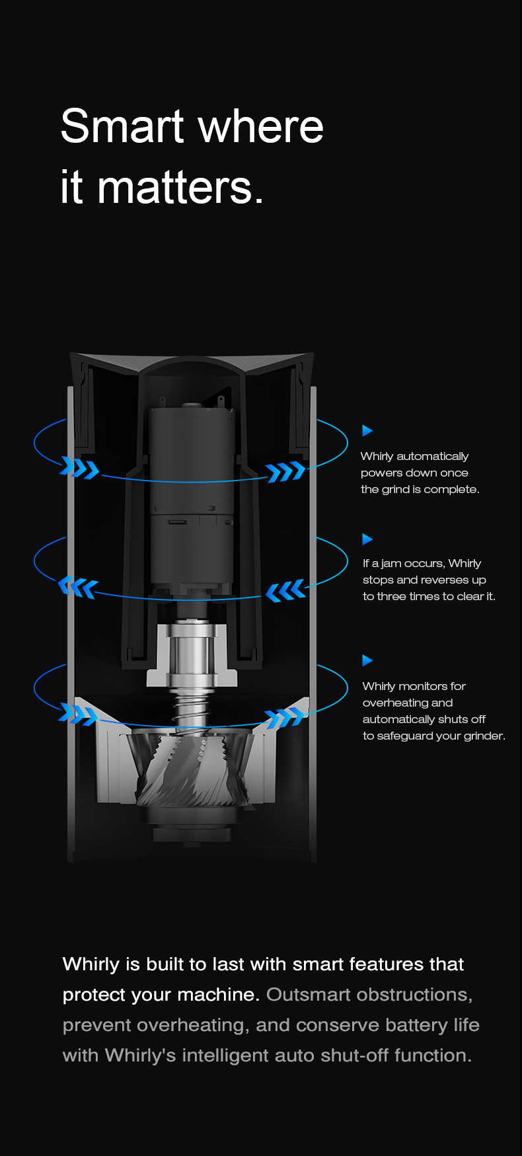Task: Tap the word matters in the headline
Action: point(175,187)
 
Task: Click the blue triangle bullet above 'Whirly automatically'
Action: point(367,431)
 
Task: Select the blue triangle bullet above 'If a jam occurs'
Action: point(367,539)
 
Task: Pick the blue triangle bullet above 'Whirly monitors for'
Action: point(367,660)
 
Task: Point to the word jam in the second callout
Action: point(391,564)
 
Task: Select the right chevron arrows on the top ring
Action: point(285,472)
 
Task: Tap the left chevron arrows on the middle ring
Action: point(78,587)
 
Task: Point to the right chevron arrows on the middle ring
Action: point(285,590)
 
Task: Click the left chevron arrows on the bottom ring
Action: point(78,714)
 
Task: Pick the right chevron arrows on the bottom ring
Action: point(285,717)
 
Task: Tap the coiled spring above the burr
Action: point(192,707)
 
